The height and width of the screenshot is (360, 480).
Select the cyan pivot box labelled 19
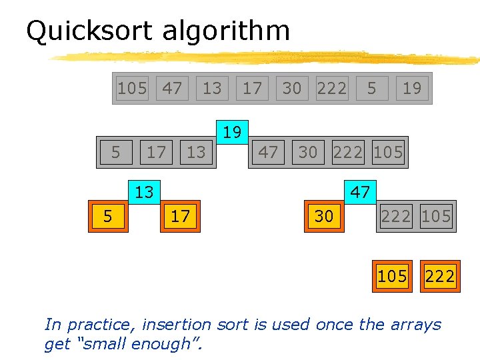231,132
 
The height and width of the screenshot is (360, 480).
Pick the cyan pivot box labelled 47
360,193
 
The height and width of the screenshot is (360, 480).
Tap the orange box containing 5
107,216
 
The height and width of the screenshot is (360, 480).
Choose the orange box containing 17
180,216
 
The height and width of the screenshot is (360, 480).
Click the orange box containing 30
324,216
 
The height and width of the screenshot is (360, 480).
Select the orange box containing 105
392,276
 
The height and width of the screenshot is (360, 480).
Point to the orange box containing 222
440,276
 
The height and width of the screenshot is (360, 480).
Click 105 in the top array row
132,88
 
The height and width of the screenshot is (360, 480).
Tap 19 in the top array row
412,88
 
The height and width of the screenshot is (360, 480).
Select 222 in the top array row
331,88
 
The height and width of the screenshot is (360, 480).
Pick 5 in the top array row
372,88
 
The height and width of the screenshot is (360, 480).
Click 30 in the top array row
291,88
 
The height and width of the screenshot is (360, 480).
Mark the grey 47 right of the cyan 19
268,152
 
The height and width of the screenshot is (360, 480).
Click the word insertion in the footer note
173,325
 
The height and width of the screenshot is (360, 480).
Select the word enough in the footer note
165,345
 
